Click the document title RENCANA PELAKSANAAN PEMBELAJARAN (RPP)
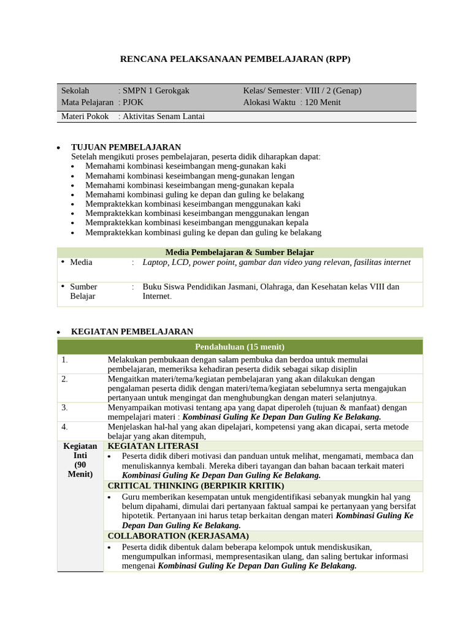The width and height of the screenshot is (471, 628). (x=235, y=59)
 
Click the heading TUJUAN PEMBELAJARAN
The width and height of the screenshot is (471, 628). (x=126, y=147)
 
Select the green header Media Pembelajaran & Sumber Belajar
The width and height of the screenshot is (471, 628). (x=239, y=253)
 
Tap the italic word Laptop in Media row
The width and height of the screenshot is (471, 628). (x=155, y=262)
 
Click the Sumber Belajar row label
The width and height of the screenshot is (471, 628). (x=83, y=291)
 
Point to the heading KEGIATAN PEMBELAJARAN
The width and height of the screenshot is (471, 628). (x=132, y=332)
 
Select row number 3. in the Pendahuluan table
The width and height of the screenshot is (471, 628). (x=65, y=407)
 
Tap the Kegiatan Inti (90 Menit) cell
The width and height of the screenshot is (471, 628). (x=80, y=460)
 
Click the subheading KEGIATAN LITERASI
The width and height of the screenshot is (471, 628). (x=153, y=446)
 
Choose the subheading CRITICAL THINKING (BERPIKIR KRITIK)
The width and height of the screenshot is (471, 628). (x=196, y=486)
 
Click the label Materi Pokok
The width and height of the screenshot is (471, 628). (x=85, y=117)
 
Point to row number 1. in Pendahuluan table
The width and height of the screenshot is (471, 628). (x=65, y=360)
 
